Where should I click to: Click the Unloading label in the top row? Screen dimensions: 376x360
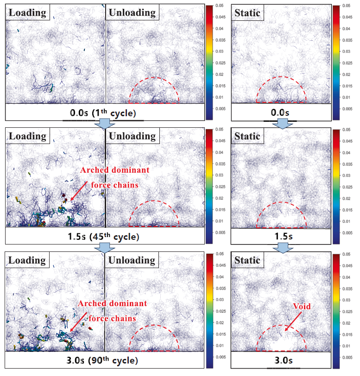click(x=131, y=13)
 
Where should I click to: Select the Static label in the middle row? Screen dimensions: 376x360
click(x=247, y=136)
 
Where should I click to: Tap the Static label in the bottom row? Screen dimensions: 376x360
click(x=247, y=260)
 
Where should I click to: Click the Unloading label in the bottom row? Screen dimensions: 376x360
click(x=131, y=260)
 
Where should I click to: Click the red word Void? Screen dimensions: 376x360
click(x=301, y=306)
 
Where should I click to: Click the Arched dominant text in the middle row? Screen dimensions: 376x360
click(x=115, y=170)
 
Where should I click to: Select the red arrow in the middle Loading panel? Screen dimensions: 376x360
click(x=78, y=190)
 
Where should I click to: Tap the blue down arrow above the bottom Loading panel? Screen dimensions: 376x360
click(x=104, y=249)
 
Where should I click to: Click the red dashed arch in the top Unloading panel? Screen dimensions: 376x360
click(x=155, y=78)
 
